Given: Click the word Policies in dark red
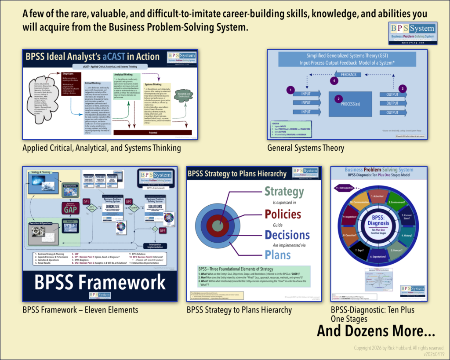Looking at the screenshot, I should point(283,214).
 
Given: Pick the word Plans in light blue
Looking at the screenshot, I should point(277,255).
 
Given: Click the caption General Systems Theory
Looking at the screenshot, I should point(305,148).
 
